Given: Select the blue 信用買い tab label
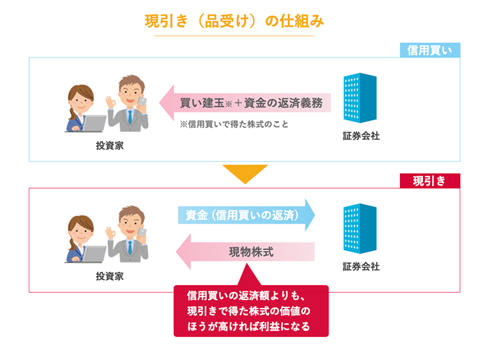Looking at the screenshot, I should tap(429, 50).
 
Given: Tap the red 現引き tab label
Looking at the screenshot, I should tap(429, 180).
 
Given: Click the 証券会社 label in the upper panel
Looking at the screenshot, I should tap(362, 136).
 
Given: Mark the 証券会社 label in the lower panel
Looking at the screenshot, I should tap(362, 265).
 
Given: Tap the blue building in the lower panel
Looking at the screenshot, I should tap(360, 227).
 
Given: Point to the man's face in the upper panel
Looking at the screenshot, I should tap(130, 92).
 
